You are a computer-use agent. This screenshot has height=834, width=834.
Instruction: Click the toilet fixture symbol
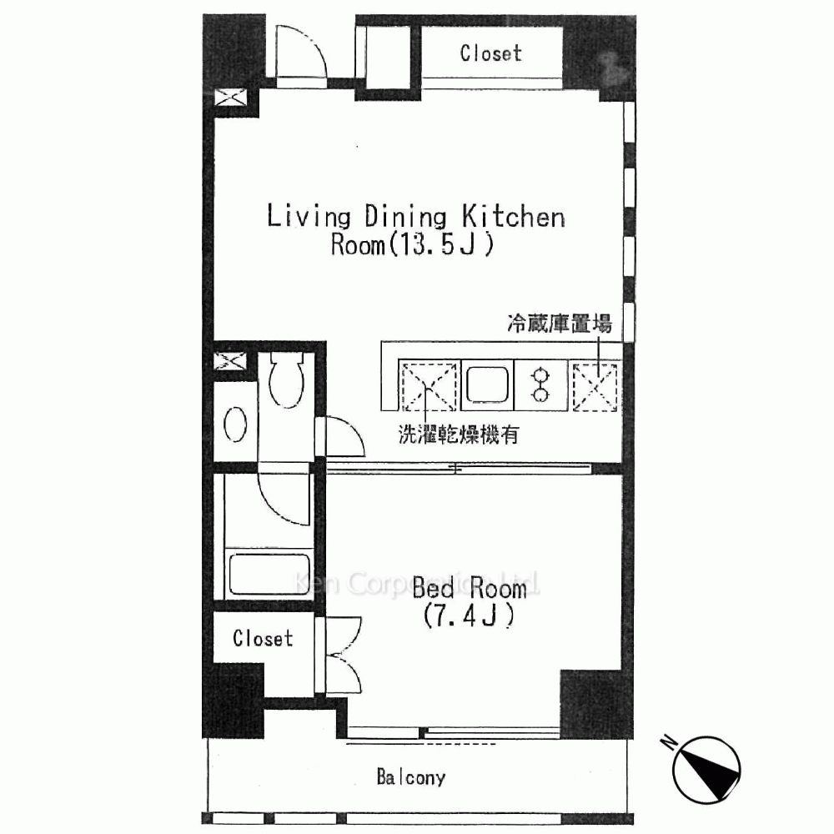pos(287,378)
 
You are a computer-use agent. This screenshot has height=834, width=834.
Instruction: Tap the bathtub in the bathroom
pos(269,574)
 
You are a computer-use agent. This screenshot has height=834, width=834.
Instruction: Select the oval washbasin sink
pos(235,425)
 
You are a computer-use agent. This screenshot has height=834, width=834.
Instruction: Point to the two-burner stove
pos(540,384)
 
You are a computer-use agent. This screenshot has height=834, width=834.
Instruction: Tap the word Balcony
pos(411,777)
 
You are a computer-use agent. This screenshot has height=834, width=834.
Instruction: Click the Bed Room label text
pos(470,588)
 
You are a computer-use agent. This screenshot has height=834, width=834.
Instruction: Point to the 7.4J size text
pos(469,616)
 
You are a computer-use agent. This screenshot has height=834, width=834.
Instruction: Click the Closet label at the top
pos(491,53)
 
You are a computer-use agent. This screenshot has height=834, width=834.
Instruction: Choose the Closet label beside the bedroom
pos(263,638)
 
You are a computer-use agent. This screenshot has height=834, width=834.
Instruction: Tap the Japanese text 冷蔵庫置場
pos(560,324)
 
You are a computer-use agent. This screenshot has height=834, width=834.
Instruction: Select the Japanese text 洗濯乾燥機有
pos(459,435)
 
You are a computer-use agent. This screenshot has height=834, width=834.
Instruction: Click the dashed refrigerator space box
pos(595,386)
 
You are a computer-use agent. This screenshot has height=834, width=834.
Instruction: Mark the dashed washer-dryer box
pos(429,387)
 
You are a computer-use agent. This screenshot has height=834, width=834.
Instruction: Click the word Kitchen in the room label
pos(513,217)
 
